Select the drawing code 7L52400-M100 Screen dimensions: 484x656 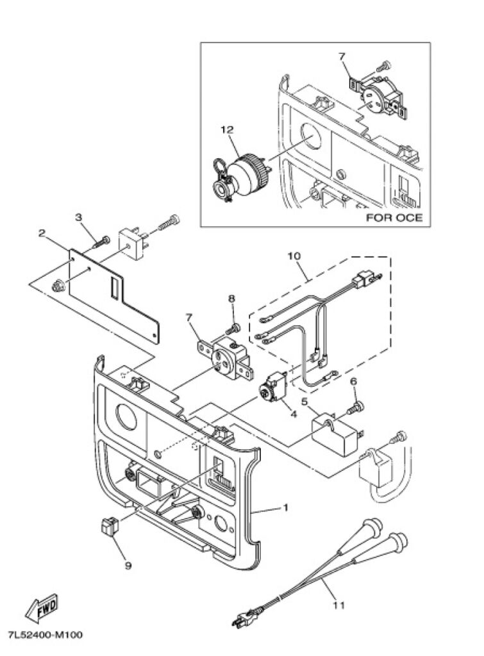click(46, 635)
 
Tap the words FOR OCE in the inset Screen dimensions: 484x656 click(394, 218)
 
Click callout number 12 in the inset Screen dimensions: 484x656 click(228, 130)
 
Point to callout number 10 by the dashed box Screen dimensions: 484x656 click(294, 255)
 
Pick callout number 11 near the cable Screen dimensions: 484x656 click(339, 605)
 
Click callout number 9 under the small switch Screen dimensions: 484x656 click(128, 566)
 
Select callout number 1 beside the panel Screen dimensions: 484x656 click(286, 507)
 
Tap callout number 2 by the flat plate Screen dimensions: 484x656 click(42, 233)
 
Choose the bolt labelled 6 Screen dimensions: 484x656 click(356, 407)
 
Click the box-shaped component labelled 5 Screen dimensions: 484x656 click(336, 434)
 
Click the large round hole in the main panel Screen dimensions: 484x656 click(126, 418)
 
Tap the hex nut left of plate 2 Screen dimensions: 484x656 click(56, 286)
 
